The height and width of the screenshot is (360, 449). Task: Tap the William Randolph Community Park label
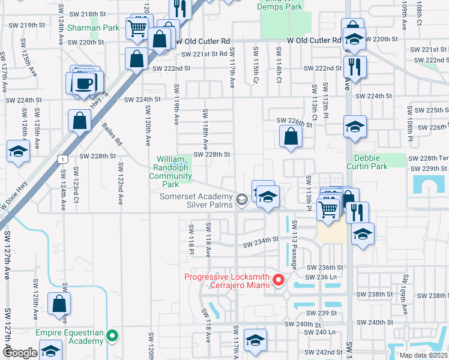point(170,172)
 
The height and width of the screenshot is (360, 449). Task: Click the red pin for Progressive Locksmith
point(279,280)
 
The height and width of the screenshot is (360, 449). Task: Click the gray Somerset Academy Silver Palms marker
point(241,200)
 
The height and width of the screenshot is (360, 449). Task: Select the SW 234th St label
point(261,242)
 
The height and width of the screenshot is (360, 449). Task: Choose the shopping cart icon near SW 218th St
point(137,27)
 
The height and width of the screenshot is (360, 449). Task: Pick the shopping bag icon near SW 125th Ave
point(60,304)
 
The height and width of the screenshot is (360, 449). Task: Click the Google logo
point(20,353)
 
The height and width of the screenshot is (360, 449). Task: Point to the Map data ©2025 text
point(422,355)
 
